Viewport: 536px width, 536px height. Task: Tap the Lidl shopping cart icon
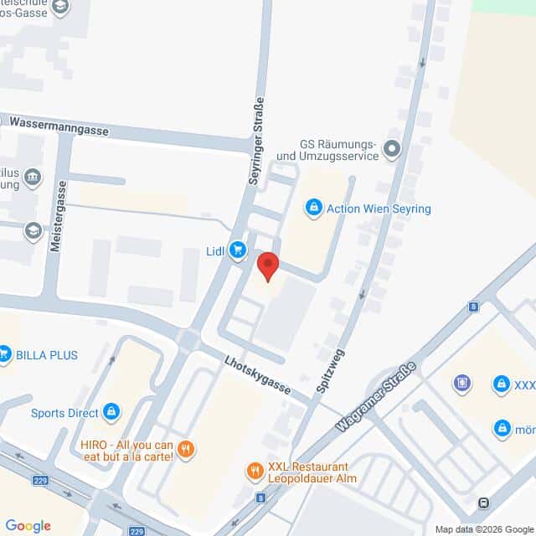point(239,250)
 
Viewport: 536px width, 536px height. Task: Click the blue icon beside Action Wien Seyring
point(314,207)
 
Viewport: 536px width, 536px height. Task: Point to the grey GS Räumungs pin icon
point(393,151)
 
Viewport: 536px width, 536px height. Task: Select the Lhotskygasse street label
point(257,374)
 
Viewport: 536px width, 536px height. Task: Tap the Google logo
point(28,526)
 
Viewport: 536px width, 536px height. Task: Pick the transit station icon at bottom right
point(483,502)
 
